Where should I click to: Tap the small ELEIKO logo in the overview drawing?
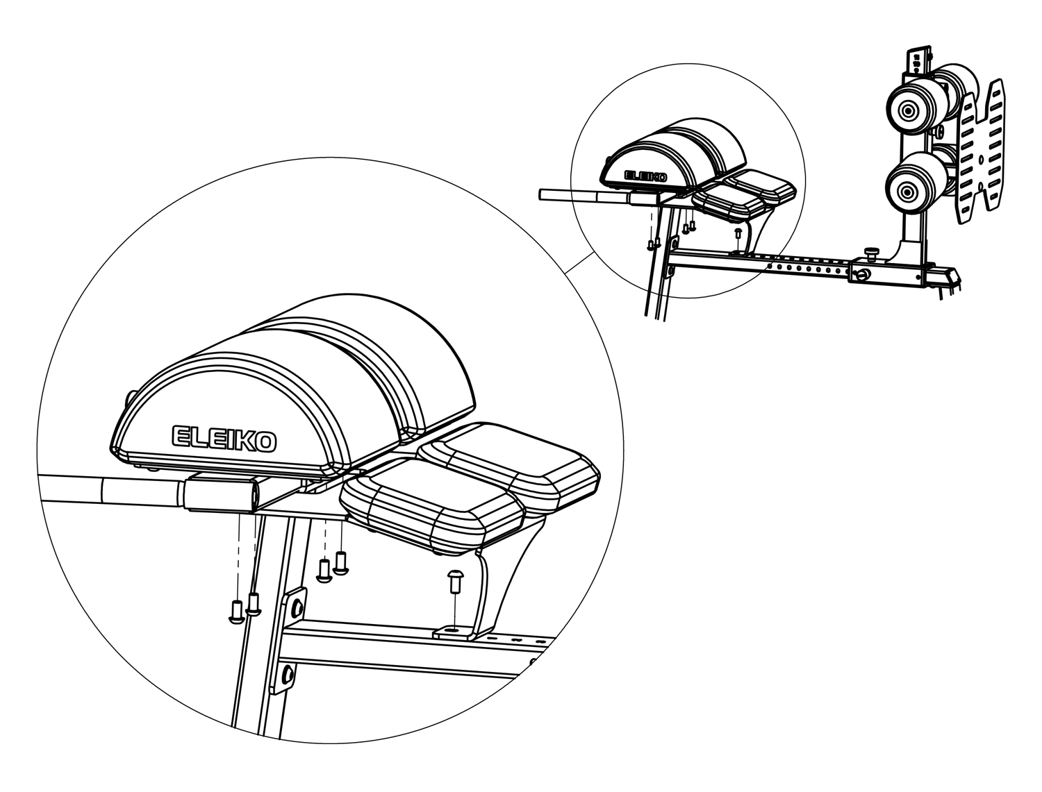click(645, 176)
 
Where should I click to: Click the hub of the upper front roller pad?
click(908, 112)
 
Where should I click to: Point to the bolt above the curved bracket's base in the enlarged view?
click(455, 582)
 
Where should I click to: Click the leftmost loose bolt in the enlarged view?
click(236, 612)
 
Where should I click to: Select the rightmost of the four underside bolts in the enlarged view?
click(341, 564)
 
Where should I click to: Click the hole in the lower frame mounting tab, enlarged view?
click(288, 673)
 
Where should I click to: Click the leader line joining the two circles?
click(579, 263)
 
